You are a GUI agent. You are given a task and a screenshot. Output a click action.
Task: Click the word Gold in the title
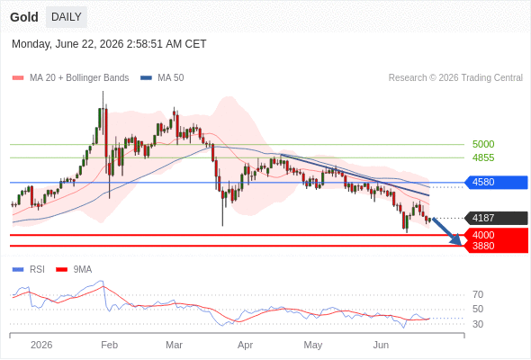click(24, 17)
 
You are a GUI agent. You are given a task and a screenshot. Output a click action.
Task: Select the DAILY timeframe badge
click(67, 17)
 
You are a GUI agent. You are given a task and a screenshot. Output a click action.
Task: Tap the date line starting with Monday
click(109, 44)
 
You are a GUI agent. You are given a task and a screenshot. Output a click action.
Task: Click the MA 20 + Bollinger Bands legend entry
click(70, 78)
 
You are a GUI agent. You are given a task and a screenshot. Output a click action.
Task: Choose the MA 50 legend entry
click(162, 78)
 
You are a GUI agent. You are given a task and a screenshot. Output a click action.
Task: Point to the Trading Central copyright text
click(455, 78)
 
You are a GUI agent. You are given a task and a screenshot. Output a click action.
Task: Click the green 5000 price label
click(483, 144)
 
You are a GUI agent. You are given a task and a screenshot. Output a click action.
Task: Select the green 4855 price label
click(483, 157)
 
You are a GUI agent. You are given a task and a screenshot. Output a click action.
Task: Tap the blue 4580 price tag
click(496, 182)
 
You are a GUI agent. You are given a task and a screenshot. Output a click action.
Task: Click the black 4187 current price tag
click(496, 218)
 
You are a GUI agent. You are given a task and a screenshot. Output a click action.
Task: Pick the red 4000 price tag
click(496, 235)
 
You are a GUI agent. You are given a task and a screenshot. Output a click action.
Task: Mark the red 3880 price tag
click(496, 247)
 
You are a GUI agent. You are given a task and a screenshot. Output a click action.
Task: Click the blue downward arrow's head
click(457, 240)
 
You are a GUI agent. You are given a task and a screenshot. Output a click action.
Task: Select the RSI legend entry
click(28, 270)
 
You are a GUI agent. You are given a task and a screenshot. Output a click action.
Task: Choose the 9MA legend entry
click(74, 270)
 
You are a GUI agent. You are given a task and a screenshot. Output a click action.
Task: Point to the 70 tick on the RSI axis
click(478, 294)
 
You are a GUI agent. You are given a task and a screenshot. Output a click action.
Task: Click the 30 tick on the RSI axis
click(478, 324)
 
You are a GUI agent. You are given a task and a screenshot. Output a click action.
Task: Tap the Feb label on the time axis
click(110, 345)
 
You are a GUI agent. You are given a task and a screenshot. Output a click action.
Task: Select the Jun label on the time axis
click(381, 345)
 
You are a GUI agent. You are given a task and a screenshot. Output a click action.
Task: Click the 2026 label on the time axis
click(41, 345)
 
